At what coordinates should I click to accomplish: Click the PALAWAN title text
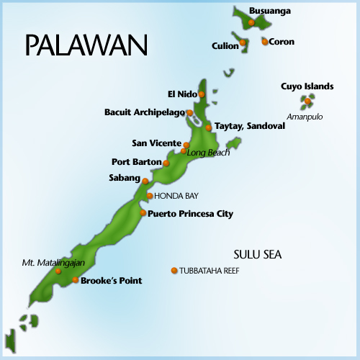(x=86, y=44)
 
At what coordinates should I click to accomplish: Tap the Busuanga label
(x=271, y=11)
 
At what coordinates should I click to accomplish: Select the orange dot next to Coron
(x=265, y=42)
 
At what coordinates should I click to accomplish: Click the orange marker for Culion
(x=243, y=42)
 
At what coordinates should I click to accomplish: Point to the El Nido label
(x=181, y=94)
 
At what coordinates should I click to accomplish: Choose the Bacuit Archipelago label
(x=144, y=112)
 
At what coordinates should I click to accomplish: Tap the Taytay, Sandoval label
(x=250, y=125)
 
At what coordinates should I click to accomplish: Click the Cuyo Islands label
(x=307, y=86)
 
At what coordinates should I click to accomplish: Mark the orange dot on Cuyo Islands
(x=307, y=102)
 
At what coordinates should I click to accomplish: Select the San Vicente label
(x=156, y=143)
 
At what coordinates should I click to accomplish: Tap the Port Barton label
(x=136, y=161)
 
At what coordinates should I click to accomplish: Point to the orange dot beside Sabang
(x=145, y=181)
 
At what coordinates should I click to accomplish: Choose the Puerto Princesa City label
(x=190, y=214)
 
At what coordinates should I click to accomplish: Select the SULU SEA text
(x=257, y=254)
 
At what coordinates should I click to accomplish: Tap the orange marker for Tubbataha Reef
(x=174, y=271)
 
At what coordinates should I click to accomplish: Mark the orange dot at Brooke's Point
(x=76, y=280)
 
